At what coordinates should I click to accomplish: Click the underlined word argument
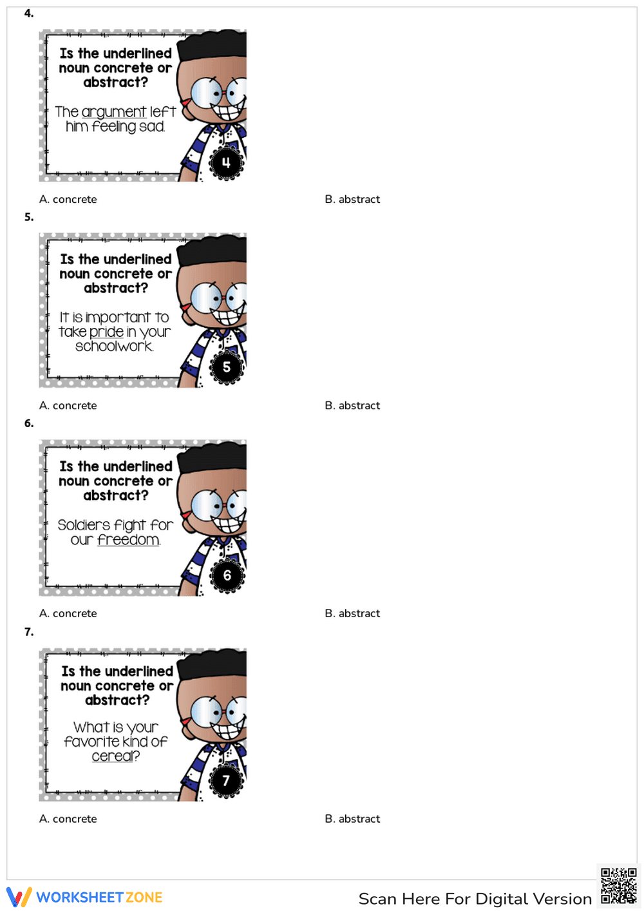click(114, 112)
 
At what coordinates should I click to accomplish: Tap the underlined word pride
click(106, 332)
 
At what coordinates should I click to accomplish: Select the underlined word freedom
click(128, 540)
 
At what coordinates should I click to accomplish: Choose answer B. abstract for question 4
click(352, 200)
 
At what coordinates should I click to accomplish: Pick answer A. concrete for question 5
click(68, 406)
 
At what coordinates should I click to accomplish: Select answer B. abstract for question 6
click(352, 614)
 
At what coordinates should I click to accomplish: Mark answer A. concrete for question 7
click(68, 819)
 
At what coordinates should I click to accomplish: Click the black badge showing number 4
click(226, 162)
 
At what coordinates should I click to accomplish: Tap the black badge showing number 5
click(227, 367)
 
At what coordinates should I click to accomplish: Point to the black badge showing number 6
click(227, 575)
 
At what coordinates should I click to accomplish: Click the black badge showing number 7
click(226, 781)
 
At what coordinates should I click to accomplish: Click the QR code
click(618, 886)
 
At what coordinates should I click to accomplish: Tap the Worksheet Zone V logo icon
click(19, 897)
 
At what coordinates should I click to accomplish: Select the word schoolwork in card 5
click(114, 347)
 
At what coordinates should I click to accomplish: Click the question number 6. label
click(29, 423)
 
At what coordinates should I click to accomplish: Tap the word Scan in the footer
click(377, 899)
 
